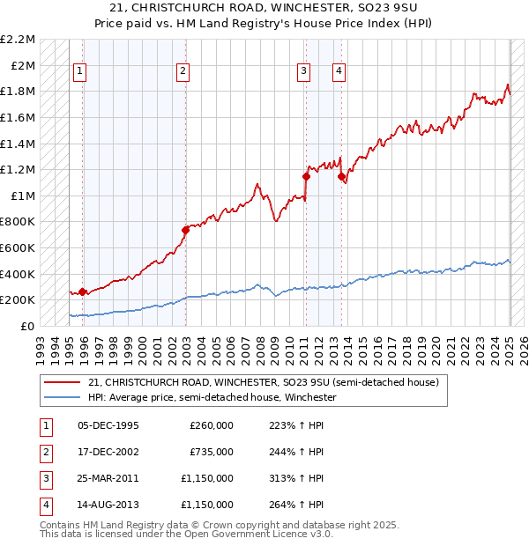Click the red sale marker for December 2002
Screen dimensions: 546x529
click(x=185, y=231)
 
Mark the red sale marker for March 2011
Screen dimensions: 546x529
click(x=306, y=176)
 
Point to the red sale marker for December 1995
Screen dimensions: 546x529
click(x=82, y=291)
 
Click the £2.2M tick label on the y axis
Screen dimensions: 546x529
click(x=18, y=40)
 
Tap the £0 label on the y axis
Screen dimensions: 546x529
click(x=28, y=326)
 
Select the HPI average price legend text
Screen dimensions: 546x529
click(x=212, y=397)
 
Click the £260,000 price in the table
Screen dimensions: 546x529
click(x=212, y=425)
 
